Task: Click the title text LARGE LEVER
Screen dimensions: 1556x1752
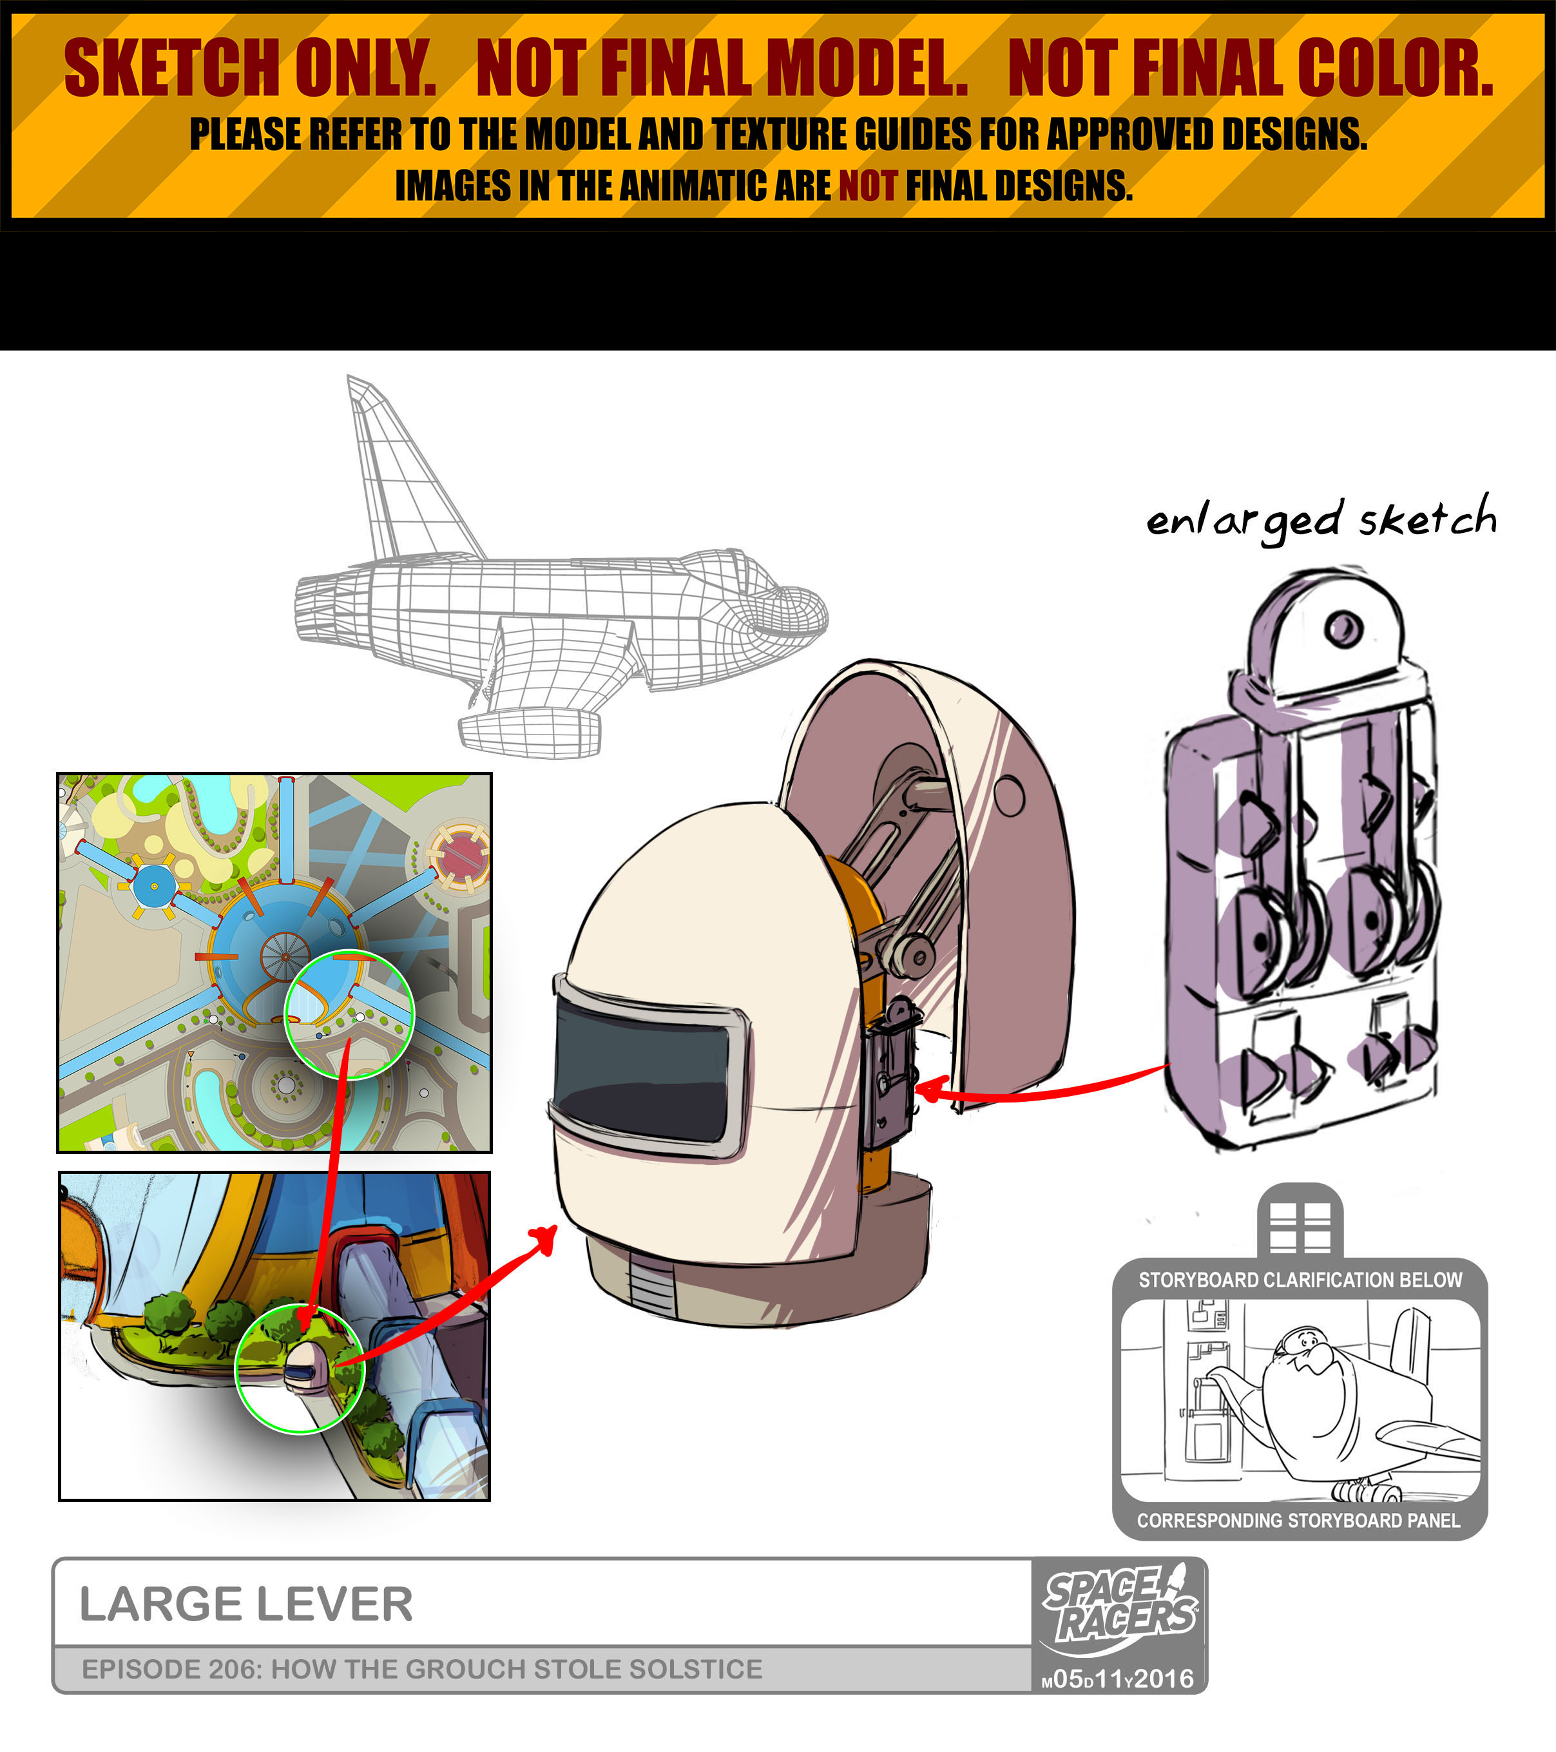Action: pyautogui.click(x=246, y=1604)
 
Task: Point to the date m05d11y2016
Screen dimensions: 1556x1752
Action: pyautogui.click(x=1118, y=1679)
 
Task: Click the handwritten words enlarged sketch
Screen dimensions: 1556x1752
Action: pyautogui.click(x=1321, y=519)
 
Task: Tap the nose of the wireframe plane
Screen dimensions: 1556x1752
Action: pyautogui.click(x=793, y=612)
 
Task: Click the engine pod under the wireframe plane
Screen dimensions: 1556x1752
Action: pyautogui.click(x=529, y=732)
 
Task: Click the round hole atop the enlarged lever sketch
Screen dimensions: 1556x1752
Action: pyautogui.click(x=1343, y=628)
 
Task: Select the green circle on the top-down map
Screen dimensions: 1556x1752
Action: pyautogui.click(x=349, y=1015)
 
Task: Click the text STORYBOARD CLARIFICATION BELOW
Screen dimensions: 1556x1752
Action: pyautogui.click(x=1300, y=1280)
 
